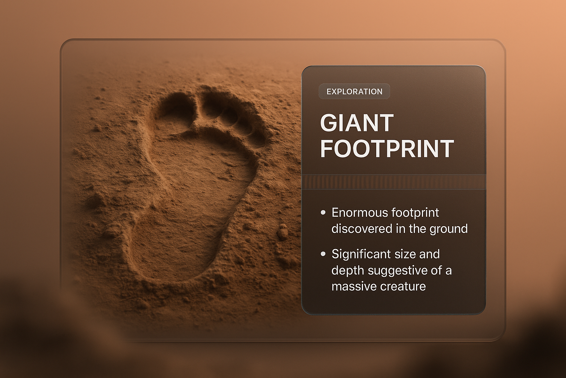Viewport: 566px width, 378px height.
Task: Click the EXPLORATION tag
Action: point(354,92)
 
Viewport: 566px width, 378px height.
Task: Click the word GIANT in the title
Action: point(357,123)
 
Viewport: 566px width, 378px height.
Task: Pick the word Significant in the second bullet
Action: point(360,254)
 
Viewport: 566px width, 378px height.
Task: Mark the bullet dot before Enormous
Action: point(323,212)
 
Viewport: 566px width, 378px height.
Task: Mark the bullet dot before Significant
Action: point(323,254)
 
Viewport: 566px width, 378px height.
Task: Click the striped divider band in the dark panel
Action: point(394,182)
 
